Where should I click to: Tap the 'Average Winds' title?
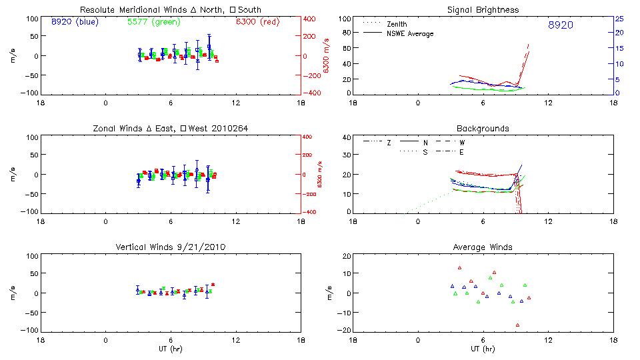pyautogui.click(x=484, y=247)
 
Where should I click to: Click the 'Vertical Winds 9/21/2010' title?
pyautogui.click(x=171, y=247)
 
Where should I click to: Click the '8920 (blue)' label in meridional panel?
pyautogui.click(x=75, y=22)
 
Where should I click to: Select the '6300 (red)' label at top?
pyautogui.click(x=257, y=22)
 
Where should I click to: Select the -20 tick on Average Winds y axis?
pyautogui.click(x=343, y=330)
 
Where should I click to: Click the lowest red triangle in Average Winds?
pyautogui.click(x=517, y=325)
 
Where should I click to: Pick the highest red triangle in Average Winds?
pyautogui.click(x=459, y=268)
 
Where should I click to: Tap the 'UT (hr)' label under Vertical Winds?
pyautogui.click(x=171, y=348)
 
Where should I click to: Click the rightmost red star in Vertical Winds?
pyautogui.click(x=213, y=285)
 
